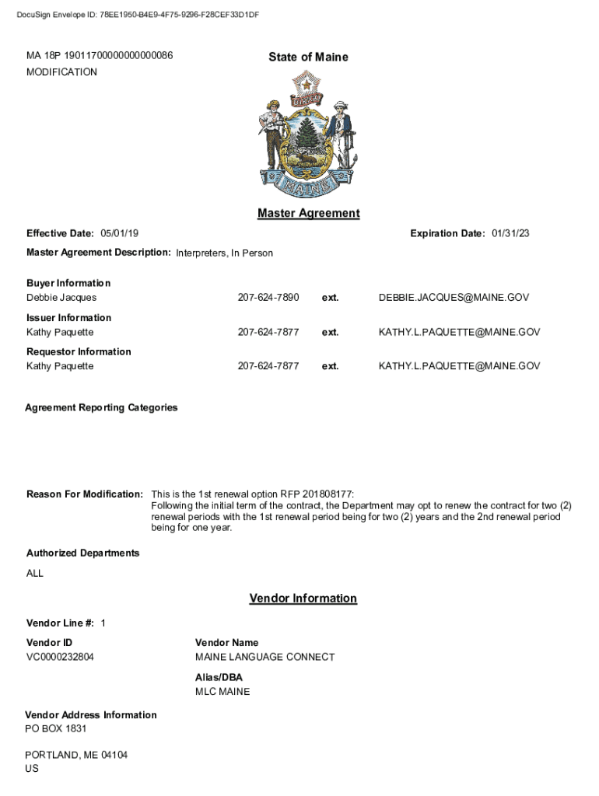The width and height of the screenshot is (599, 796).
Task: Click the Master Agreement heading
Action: (308, 214)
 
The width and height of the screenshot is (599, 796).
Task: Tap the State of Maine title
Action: (308, 57)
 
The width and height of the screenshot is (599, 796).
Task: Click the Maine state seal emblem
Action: (309, 134)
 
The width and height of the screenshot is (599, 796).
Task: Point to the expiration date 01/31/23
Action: (510, 233)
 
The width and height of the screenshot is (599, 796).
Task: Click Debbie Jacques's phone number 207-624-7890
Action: (268, 298)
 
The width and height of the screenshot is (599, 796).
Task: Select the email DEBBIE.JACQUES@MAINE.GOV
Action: (459, 298)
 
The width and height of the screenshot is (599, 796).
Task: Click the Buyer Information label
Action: (68, 283)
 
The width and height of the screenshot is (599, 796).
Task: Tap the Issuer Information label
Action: (68, 317)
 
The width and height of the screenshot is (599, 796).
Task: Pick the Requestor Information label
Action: (79, 351)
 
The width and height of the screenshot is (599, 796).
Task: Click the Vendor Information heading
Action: (303, 599)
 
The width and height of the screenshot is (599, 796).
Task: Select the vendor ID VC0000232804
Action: (60, 657)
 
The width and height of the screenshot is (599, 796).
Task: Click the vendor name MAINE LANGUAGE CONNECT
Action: (264, 657)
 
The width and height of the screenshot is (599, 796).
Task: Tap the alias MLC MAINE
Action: (222, 691)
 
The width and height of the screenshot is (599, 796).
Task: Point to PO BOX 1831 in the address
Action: (55, 728)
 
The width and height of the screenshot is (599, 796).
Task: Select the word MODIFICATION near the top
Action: (61, 72)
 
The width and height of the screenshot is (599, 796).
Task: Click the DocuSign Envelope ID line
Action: (138, 15)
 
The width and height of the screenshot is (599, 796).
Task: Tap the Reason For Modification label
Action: (85, 494)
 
